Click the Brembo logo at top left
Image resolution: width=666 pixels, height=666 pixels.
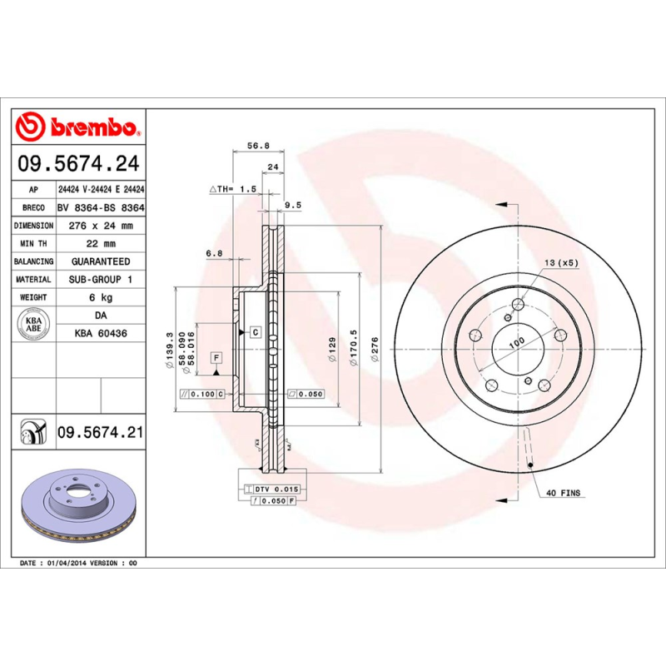pos(78,127)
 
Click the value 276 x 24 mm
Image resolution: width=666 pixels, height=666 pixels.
pos(100,226)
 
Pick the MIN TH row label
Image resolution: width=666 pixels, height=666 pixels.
pos(34,244)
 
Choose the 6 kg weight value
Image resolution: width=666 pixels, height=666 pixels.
pos(100,297)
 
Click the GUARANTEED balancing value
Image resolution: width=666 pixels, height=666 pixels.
pos(100,261)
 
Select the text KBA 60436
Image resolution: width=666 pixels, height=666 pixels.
pos(100,333)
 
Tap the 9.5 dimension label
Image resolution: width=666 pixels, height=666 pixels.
pos(292,204)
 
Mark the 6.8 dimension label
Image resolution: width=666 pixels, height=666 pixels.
pos(214,252)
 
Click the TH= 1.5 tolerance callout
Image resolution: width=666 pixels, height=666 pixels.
pos(232,190)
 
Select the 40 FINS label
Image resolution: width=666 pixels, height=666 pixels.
pos(564,493)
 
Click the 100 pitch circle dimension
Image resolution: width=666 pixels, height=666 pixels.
pos(517,342)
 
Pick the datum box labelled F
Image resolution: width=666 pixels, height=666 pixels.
pos(216,358)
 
